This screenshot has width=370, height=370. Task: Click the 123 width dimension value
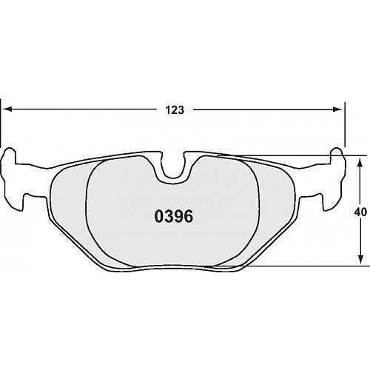coord(175,110)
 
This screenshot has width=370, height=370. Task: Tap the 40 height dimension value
coord(360,212)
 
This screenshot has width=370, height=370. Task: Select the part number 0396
coord(174,217)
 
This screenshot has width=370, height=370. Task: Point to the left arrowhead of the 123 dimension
coord(9,110)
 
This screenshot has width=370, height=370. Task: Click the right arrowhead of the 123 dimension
coord(337,110)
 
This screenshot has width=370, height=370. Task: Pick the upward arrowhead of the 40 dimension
coord(360,163)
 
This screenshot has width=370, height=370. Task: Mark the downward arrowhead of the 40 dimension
coord(360,260)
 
